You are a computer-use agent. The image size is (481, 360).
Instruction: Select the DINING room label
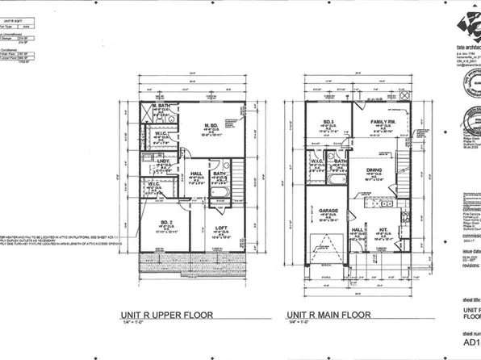(374, 170)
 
